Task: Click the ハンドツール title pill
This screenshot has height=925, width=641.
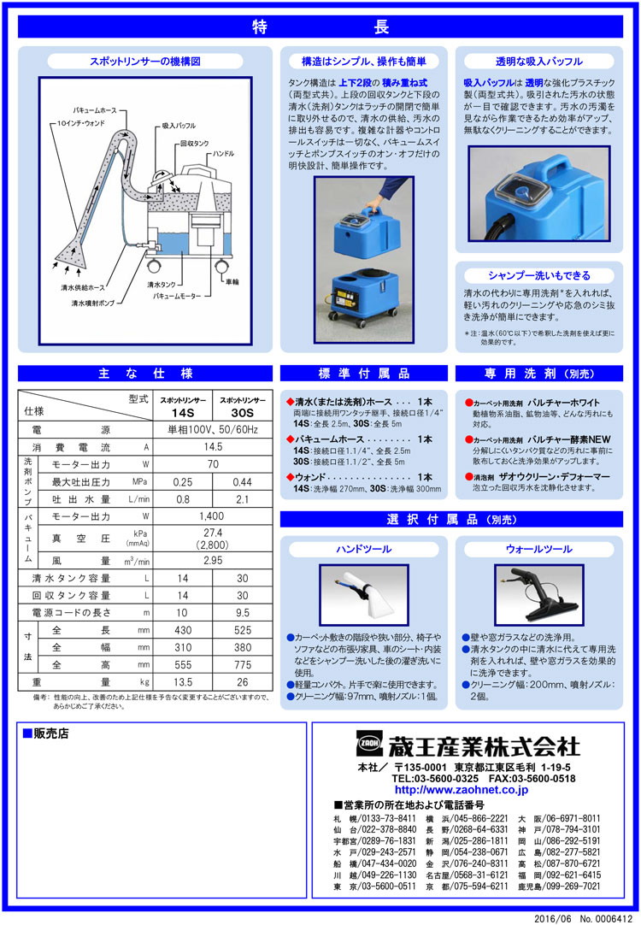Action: click(364, 548)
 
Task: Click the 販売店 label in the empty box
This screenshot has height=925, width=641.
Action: click(50, 734)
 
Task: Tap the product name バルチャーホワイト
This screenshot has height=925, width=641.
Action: click(568, 403)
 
